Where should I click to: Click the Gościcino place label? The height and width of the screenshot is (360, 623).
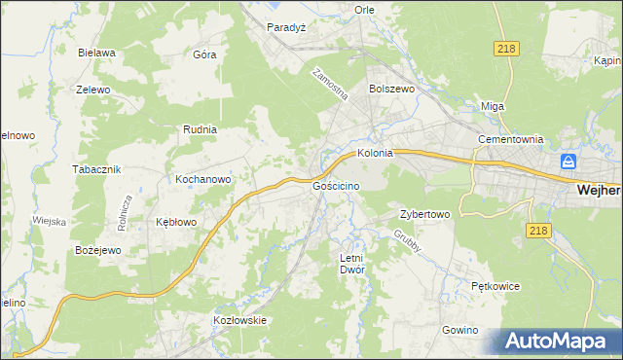[x=338, y=185]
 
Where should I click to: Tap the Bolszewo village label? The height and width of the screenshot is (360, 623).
[x=391, y=89]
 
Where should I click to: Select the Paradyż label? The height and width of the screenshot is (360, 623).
[x=287, y=27]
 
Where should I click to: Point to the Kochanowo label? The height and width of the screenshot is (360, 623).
[x=202, y=180]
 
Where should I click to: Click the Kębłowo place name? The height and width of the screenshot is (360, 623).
[x=176, y=222]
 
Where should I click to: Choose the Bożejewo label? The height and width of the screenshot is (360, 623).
[x=97, y=250]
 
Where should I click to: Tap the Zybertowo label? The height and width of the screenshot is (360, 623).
[x=424, y=214]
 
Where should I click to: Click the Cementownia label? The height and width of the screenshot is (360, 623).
[x=509, y=139]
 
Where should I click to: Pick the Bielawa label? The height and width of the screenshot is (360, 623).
[x=97, y=53]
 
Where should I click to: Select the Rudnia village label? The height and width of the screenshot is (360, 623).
[x=200, y=128]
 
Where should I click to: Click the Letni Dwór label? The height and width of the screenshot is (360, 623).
[x=350, y=265]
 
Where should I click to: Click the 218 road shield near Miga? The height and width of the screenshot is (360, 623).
[x=506, y=48]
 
